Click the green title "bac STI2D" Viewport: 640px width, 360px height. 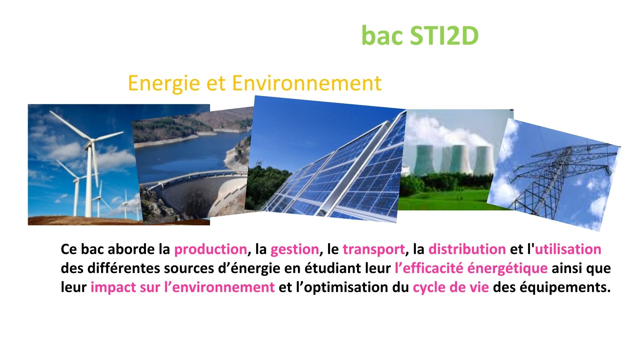pyautogui.click(x=420, y=35)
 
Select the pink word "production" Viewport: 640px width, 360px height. pyautogui.click(x=210, y=250)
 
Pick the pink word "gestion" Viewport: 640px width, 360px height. pyautogui.click(x=295, y=250)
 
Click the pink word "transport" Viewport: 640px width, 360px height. pyautogui.click(x=374, y=250)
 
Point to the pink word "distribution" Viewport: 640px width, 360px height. pyautogui.click(x=467, y=249)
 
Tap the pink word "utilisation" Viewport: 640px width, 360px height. pyautogui.click(x=568, y=249)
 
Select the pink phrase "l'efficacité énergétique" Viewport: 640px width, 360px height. pyautogui.click(x=471, y=268)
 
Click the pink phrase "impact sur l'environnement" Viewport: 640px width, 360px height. pyautogui.click(x=183, y=287)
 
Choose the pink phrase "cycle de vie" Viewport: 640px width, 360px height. pyautogui.click(x=451, y=288)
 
